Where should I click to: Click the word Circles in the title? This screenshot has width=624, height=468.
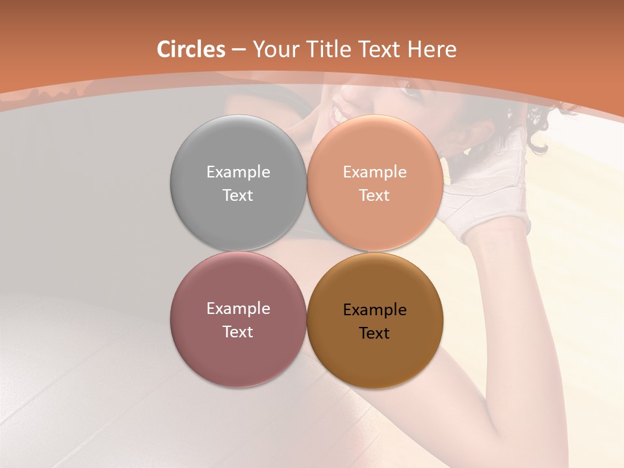tap(191, 49)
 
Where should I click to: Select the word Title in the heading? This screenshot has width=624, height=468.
tap(328, 49)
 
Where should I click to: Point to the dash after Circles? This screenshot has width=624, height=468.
tap(239, 50)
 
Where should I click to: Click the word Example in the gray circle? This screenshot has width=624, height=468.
tap(238, 172)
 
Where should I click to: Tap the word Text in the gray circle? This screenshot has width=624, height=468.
tap(238, 195)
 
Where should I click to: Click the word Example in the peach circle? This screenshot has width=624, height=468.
tap(375, 172)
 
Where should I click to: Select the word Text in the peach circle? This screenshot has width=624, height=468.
tap(375, 195)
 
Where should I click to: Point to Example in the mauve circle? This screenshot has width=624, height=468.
tap(238, 308)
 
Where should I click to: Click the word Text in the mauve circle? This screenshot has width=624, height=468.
tap(238, 331)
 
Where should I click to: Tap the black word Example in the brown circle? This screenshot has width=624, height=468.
tap(375, 310)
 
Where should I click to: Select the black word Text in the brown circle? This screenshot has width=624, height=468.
tap(375, 333)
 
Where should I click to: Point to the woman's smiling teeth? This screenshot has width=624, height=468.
tap(337, 116)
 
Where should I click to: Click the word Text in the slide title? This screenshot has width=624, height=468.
tap(381, 49)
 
